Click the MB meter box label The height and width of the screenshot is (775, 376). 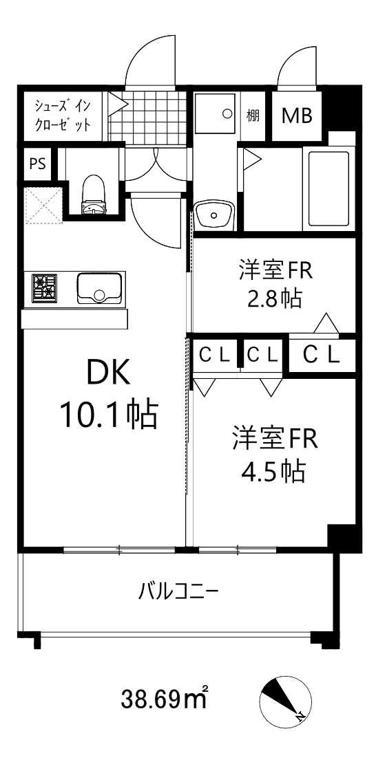297,116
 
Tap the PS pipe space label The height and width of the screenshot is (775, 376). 38,164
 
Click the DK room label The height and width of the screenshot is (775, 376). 108,374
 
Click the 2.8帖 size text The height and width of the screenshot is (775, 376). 274,298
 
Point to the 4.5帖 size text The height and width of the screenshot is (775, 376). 274,471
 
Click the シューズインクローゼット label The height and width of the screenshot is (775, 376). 63,115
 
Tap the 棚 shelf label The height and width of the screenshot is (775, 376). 253,115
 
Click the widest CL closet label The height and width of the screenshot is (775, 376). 322,355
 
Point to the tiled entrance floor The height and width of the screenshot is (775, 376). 149,116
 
